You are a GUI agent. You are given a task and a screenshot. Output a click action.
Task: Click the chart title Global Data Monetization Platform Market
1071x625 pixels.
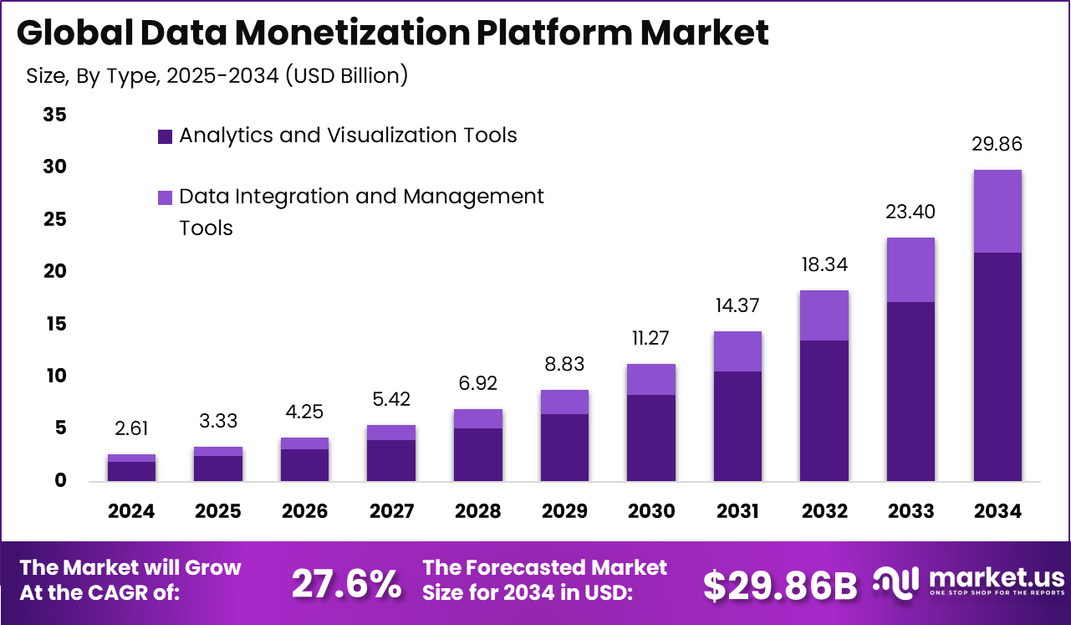[392, 33]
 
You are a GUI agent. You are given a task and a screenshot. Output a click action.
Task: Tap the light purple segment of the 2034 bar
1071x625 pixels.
[997, 211]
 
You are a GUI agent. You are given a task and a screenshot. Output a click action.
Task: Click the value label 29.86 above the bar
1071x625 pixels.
[997, 145]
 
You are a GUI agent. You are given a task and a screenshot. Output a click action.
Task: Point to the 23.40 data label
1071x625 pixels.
[910, 213]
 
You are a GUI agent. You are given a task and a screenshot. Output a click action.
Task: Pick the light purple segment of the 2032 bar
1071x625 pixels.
[824, 315]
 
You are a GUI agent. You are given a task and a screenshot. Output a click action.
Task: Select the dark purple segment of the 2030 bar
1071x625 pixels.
[650, 438]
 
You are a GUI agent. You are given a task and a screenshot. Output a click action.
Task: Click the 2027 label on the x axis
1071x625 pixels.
[391, 511]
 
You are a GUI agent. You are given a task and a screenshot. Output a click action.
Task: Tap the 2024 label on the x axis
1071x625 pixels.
[131, 511]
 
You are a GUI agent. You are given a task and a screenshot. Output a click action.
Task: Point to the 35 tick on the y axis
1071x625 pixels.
[55, 115]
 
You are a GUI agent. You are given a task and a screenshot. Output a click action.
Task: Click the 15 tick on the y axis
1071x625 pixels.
[55, 324]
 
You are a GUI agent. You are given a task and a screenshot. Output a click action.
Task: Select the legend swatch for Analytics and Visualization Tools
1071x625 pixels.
[165, 136]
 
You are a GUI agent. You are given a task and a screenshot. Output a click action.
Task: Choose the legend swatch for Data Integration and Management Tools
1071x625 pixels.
[165, 197]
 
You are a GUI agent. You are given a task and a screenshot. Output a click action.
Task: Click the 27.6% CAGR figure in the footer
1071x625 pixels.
[346, 585]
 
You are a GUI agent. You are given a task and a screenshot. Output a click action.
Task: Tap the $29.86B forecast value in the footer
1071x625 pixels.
[779, 586]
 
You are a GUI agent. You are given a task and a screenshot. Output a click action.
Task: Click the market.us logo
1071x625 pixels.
[969, 581]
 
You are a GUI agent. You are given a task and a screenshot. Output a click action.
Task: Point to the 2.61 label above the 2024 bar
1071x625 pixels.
[131, 429]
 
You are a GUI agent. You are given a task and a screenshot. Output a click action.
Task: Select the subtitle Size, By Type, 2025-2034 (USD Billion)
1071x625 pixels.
[217, 75]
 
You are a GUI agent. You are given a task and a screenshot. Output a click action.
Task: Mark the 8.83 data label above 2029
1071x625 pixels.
[564, 365]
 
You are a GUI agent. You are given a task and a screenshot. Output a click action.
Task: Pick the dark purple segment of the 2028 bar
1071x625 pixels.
[477, 454]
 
